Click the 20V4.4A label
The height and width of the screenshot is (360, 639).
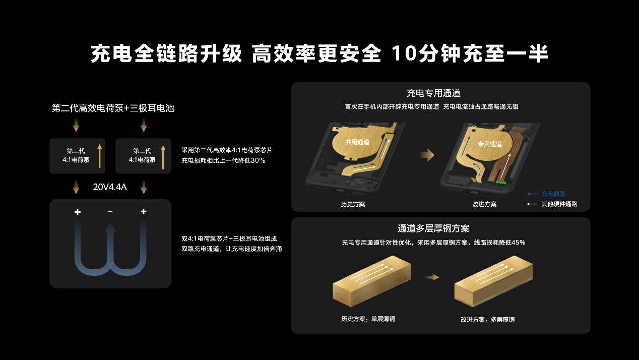point(110,187)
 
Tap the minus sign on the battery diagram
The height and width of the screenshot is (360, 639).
point(110,212)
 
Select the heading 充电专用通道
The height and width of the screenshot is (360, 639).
point(433,93)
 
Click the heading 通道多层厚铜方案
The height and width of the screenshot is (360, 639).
point(433,228)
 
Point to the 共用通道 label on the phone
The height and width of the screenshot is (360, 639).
point(357,142)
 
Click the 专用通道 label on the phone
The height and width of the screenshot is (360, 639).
point(489,144)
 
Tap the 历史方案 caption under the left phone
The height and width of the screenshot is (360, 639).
point(353,204)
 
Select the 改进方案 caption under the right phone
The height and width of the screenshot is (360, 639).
point(484,204)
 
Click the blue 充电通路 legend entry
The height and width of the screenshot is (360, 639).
point(553,194)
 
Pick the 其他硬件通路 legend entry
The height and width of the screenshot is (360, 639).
point(559,204)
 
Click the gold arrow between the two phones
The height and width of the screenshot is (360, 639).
point(427,155)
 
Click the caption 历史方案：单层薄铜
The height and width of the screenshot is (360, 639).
point(368,319)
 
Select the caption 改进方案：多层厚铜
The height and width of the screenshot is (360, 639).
point(487,320)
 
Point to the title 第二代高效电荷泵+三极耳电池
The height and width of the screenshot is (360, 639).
point(113,108)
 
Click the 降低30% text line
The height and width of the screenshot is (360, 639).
point(223,161)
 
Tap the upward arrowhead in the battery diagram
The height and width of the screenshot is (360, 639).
point(110,228)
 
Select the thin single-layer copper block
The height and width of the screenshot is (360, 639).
point(371,283)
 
